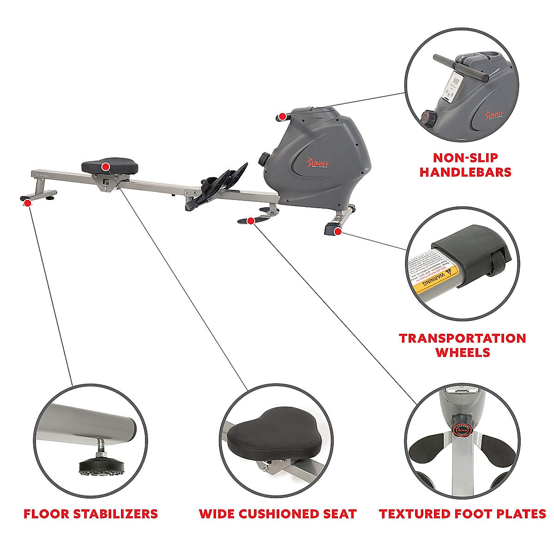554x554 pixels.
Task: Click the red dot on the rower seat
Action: pos(106,166)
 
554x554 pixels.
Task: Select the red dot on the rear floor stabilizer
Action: pos(28,203)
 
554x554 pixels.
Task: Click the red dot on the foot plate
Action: pos(250,221)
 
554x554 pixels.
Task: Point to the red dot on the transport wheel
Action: pos(338,231)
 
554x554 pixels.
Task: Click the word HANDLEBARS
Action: pos(465,172)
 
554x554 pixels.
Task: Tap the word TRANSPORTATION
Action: pos(463,338)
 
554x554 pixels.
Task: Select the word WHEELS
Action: pos(463,353)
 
